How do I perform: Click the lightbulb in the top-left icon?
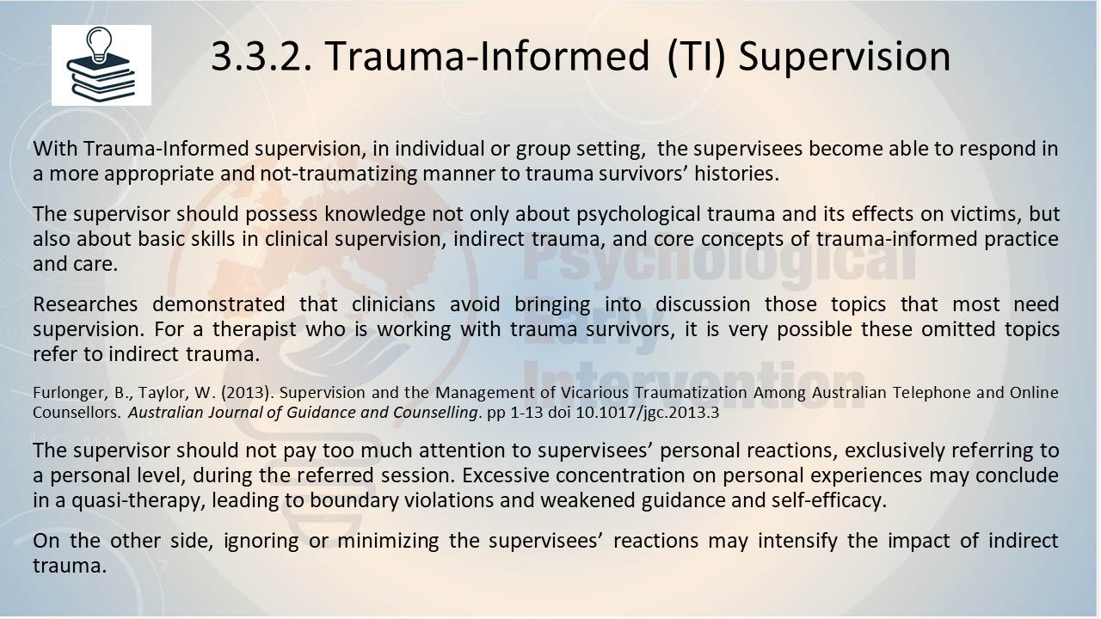click(x=99, y=44)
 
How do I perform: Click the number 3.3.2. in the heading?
click(x=261, y=57)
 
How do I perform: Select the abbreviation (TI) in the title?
click(x=697, y=58)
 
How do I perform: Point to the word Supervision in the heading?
click(x=845, y=58)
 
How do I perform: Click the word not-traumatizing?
click(x=338, y=174)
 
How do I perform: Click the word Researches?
click(x=85, y=304)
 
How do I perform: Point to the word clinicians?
click(x=393, y=304)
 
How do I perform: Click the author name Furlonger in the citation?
click(x=69, y=393)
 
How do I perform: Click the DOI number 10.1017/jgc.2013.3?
click(x=648, y=413)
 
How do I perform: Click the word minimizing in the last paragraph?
click(x=388, y=542)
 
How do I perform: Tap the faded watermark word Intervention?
click(x=693, y=386)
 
